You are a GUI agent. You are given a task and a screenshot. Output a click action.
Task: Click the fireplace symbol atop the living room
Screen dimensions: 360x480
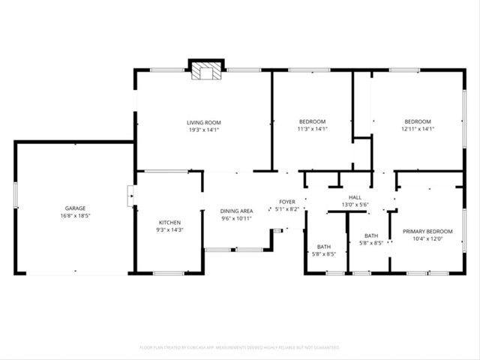[x=205, y=70]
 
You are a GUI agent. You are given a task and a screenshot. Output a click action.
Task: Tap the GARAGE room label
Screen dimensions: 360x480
[x=74, y=208]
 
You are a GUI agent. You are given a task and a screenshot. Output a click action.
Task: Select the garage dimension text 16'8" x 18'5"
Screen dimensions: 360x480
[x=74, y=215]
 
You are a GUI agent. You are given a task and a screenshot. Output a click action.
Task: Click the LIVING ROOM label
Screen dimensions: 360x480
[x=203, y=121]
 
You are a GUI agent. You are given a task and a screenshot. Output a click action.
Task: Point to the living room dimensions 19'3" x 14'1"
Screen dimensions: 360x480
[x=203, y=129]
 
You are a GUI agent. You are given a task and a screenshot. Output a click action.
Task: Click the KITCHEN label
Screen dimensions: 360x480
[x=169, y=222]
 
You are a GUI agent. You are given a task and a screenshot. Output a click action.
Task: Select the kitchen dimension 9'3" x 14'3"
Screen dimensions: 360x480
[x=169, y=229]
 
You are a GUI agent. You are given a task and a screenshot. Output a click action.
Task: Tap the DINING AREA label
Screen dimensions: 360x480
[x=235, y=211]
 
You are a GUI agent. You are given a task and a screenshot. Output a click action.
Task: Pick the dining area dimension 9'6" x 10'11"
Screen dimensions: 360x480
[x=235, y=218]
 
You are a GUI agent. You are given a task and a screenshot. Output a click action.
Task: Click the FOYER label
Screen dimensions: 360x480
[x=288, y=201]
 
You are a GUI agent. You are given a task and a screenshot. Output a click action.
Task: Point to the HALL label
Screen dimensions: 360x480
[x=355, y=196]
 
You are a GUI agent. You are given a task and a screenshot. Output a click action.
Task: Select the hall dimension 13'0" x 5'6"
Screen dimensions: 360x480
[x=355, y=204]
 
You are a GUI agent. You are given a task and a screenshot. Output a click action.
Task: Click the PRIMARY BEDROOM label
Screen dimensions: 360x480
[x=427, y=231]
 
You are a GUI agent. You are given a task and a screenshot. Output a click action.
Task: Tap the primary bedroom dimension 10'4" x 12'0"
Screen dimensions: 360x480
[x=427, y=238]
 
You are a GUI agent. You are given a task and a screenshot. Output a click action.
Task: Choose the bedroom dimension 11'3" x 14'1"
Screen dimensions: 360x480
[x=312, y=129]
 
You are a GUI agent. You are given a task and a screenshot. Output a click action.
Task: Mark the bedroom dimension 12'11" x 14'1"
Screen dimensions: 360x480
[x=418, y=129]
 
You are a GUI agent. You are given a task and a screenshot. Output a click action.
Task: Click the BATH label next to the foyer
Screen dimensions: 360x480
[x=324, y=247]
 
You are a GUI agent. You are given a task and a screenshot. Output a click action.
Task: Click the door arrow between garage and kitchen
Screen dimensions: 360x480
[x=131, y=199]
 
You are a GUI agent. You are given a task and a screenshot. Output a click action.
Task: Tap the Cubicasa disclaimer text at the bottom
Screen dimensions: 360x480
[x=239, y=347]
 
